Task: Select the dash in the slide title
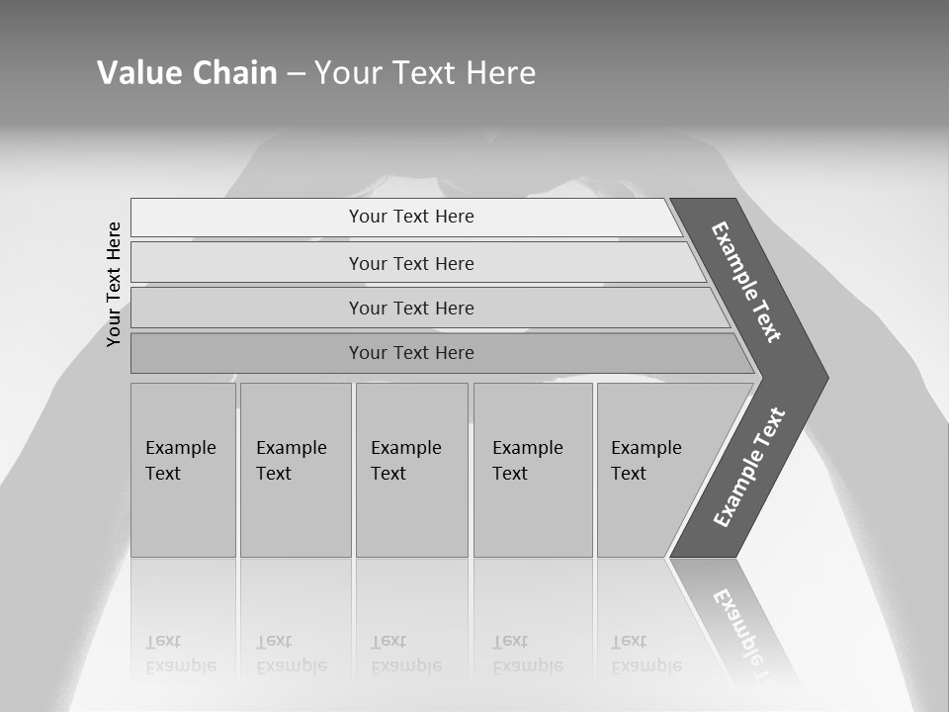click(297, 74)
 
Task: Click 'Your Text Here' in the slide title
click(425, 73)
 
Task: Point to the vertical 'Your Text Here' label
click(114, 284)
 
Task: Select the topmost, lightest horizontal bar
click(411, 217)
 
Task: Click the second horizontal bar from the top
click(411, 263)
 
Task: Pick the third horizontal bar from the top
click(411, 308)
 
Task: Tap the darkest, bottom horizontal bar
click(411, 353)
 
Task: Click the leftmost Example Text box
click(183, 470)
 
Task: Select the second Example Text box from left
click(296, 470)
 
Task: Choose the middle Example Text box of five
click(411, 470)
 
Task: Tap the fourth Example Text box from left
click(533, 470)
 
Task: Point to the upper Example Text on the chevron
click(746, 282)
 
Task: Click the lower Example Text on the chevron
click(749, 467)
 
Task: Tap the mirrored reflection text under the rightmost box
click(646, 654)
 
